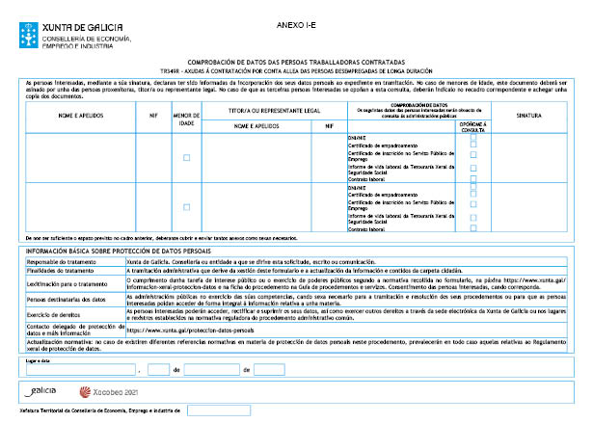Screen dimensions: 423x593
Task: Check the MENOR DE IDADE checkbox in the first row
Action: [x=186, y=157]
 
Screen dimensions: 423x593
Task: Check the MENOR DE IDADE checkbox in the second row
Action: [x=186, y=207]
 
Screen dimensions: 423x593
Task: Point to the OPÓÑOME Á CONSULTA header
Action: [x=472, y=126]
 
